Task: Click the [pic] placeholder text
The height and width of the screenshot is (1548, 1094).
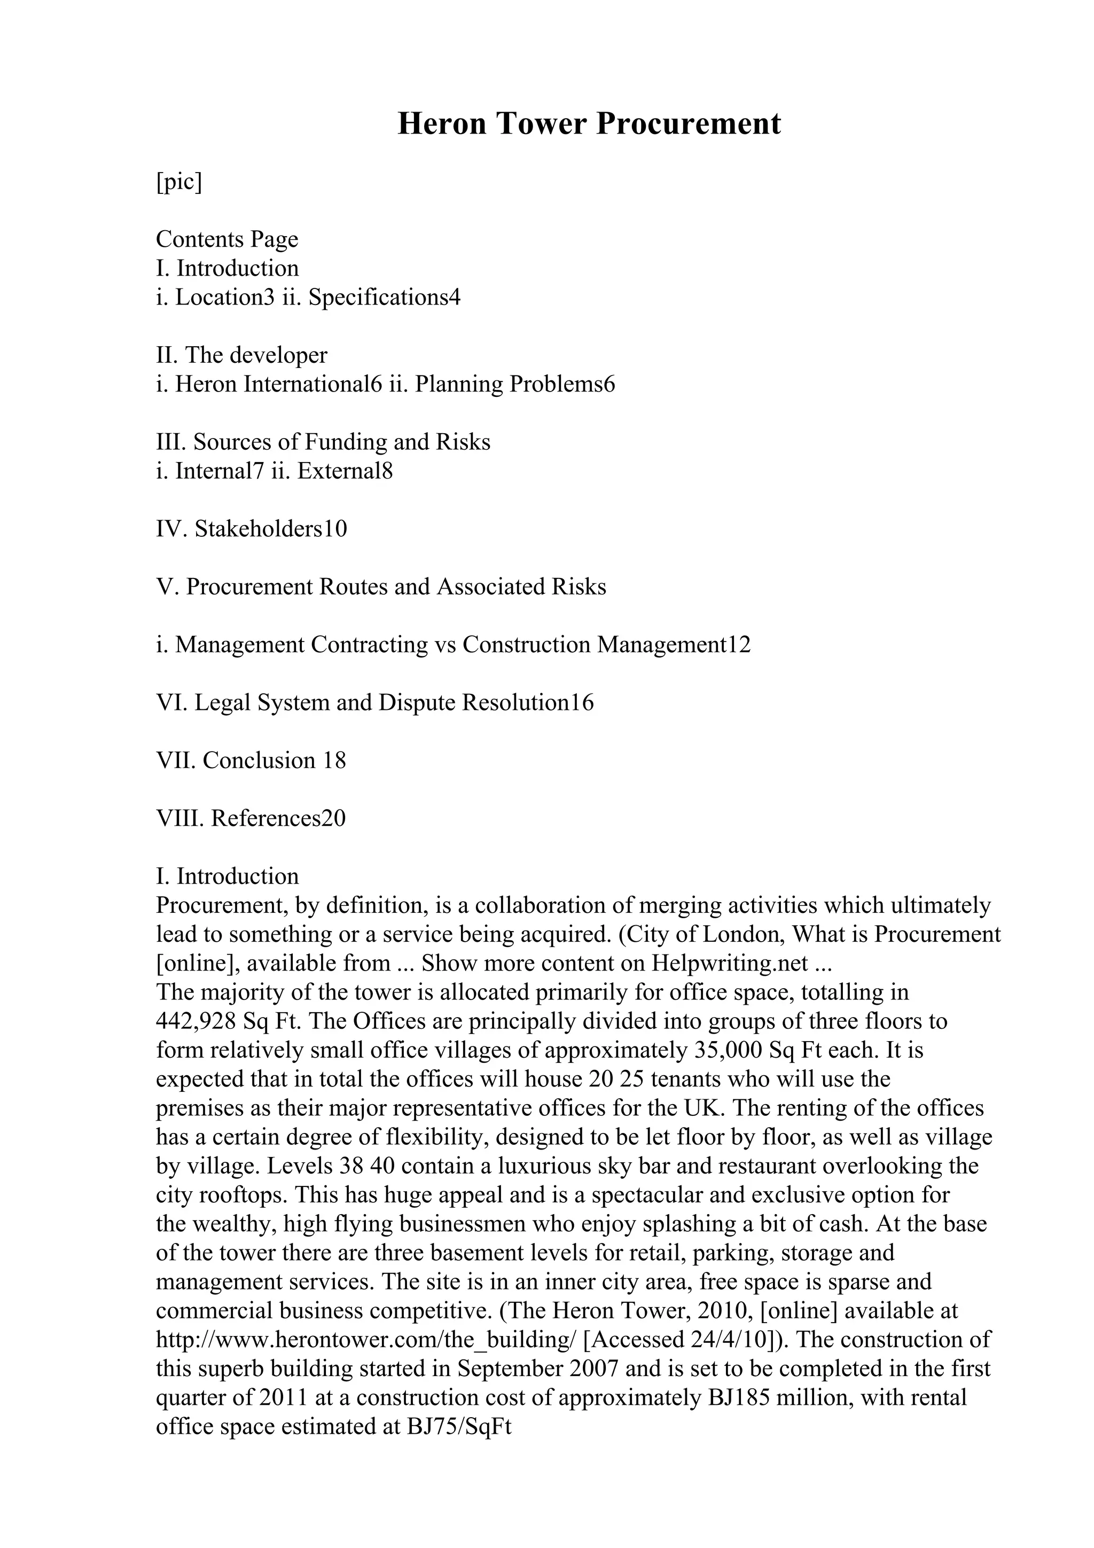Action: click(178, 182)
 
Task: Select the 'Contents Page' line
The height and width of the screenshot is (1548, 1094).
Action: click(226, 239)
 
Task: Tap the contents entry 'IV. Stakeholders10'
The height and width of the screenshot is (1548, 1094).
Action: click(252, 529)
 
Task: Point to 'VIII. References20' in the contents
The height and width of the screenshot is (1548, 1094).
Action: click(251, 818)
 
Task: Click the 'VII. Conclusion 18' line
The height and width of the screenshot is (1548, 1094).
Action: click(251, 761)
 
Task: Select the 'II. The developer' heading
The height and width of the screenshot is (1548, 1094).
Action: click(241, 355)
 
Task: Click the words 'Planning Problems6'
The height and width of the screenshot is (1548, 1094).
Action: click(515, 384)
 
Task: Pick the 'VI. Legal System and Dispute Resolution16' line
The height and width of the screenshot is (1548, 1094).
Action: click(375, 702)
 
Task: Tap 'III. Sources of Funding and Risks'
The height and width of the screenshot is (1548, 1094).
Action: click(323, 442)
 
